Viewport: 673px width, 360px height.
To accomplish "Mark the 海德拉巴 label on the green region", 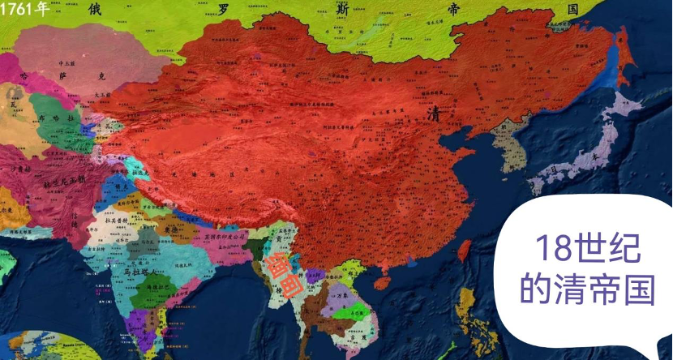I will click(147, 288).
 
